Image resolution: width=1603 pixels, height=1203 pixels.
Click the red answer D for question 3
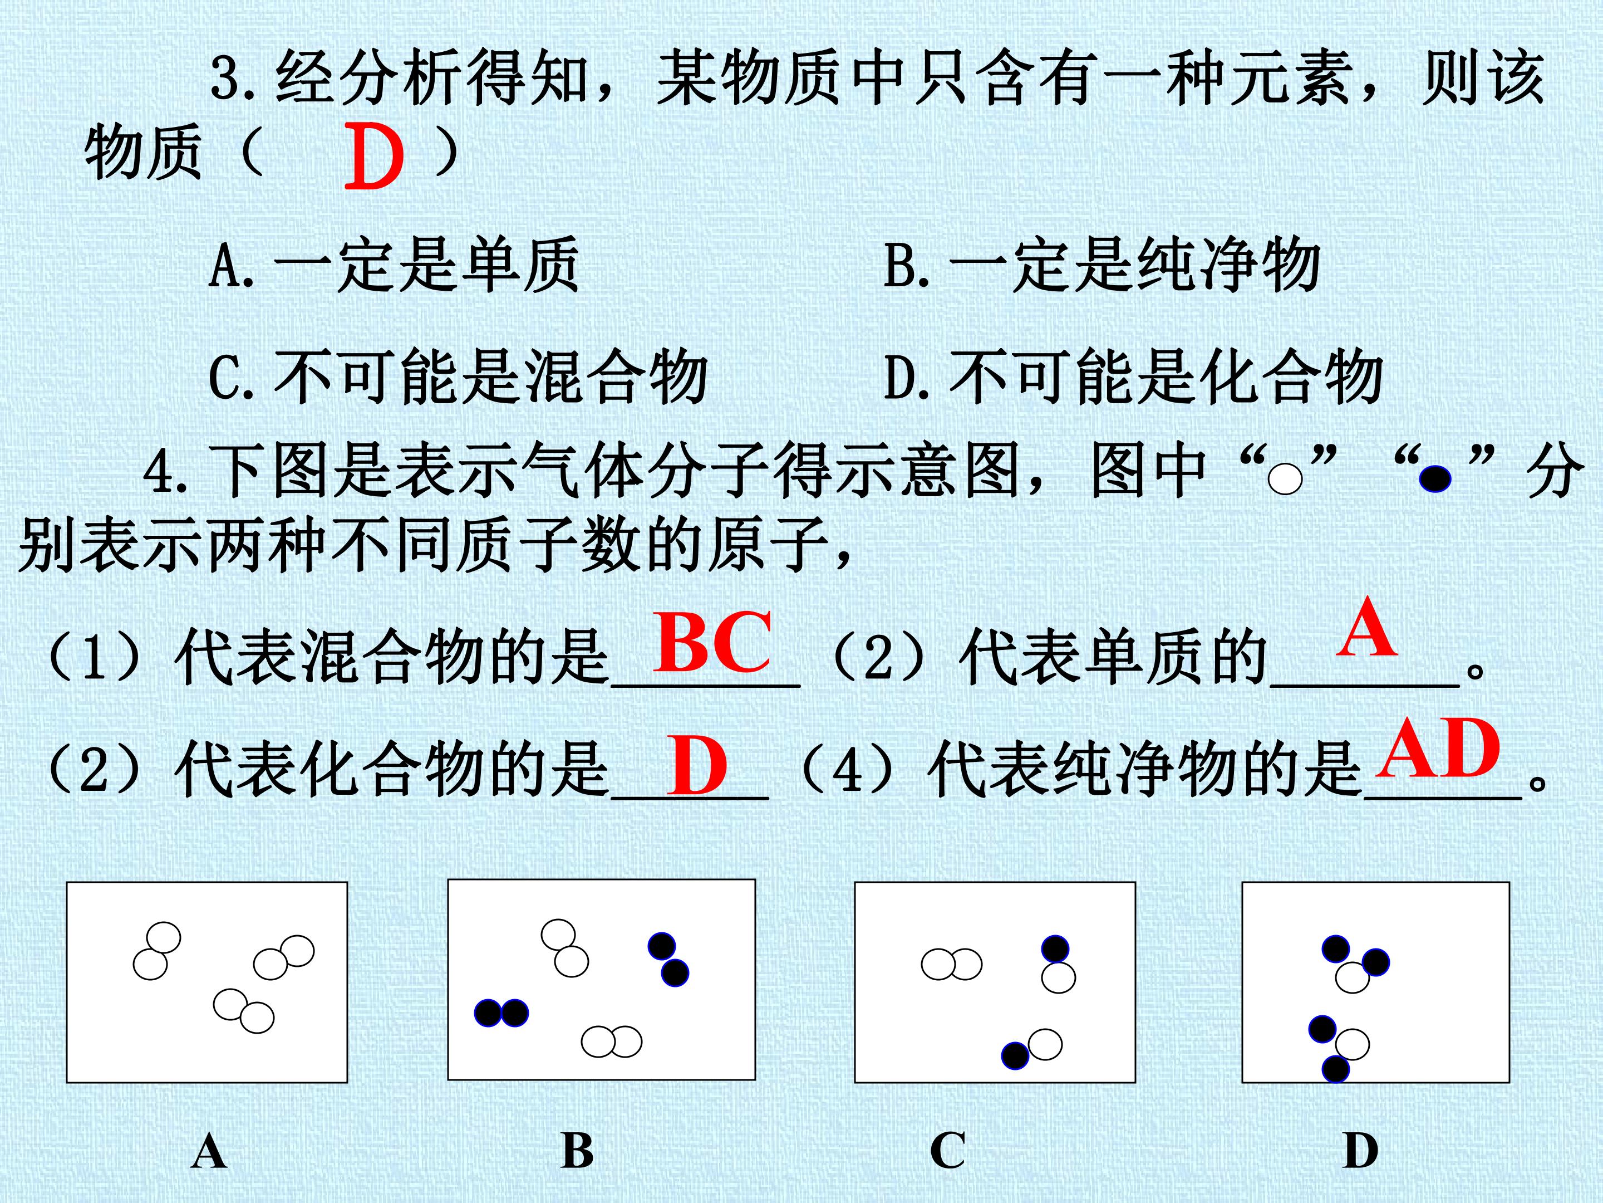click(x=374, y=156)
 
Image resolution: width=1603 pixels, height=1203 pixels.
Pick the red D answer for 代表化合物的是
click(x=697, y=765)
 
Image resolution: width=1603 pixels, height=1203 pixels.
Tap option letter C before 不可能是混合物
click(x=223, y=377)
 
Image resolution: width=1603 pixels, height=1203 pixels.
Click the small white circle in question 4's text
click(x=1286, y=480)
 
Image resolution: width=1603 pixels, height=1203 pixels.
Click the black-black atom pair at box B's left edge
click(x=501, y=1013)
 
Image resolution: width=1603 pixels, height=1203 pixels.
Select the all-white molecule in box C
click(x=952, y=965)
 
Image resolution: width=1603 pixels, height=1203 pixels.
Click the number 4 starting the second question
click(x=158, y=472)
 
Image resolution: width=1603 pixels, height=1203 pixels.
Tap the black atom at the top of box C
click(x=1055, y=948)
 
